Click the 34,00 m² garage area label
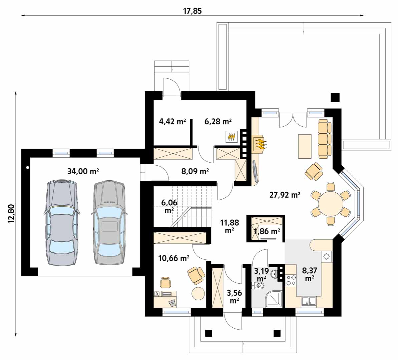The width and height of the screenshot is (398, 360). pyautogui.click(x=83, y=171)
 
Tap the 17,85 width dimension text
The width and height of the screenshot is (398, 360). pyautogui.click(x=192, y=11)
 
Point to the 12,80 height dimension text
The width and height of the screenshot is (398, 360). pyautogui.click(x=12, y=214)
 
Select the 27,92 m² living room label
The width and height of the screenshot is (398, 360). pyautogui.click(x=285, y=195)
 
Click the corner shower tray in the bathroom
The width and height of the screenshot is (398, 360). pyautogui.click(x=273, y=299)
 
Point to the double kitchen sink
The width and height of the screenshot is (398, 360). pyautogui.click(x=309, y=301)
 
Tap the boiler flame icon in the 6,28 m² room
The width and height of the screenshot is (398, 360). pyautogui.click(x=231, y=137)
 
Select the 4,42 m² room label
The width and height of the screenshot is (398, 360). pyautogui.click(x=172, y=122)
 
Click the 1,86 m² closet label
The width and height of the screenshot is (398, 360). pyautogui.click(x=267, y=231)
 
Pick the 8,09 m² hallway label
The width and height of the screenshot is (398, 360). pyautogui.click(x=195, y=172)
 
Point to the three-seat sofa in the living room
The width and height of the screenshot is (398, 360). pyautogui.click(x=325, y=139)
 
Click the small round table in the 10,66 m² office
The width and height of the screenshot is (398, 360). pyautogui.click(x=198, y=294)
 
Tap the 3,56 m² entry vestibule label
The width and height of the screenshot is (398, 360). pyautogui.click(x=234, y=297)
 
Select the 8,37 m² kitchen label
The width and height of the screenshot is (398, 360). pyautogui.click(x=310, y=274)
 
